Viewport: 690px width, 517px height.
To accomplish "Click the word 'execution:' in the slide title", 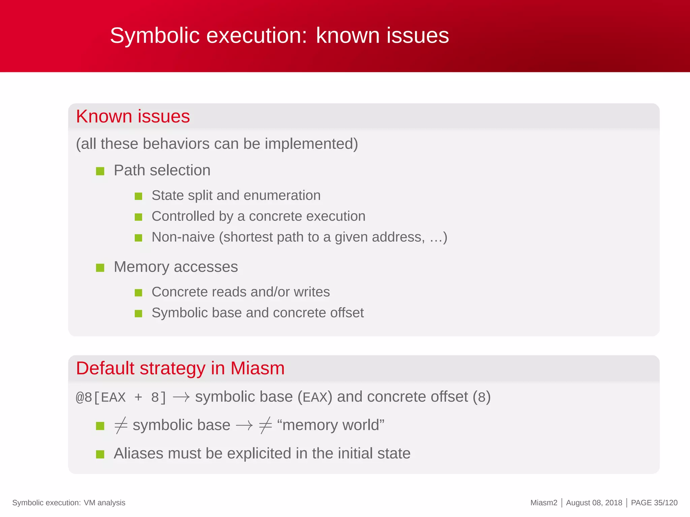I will (x=257, y=35).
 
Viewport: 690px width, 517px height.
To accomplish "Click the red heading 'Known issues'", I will (x=133, y=116).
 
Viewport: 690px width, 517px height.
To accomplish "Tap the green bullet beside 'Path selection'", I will (x=100, y=171).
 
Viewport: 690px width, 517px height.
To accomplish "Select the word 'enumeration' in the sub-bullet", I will (x=282, y=196).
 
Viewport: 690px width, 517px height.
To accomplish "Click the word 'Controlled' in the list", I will (x=183, y=216).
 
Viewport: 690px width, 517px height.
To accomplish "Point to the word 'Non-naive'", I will (x=183, y=237).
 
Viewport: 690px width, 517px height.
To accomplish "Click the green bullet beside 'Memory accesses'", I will (x=100, y=268).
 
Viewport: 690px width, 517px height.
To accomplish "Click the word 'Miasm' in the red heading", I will (x=257, y=368).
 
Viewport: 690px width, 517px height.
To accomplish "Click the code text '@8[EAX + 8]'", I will (x=121, y=398).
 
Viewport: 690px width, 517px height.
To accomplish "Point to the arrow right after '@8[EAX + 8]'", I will (x=181, y=398).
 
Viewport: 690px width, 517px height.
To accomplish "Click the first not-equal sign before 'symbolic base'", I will (x=121, y=425).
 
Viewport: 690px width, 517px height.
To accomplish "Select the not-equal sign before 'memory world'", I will (x=265, y=425).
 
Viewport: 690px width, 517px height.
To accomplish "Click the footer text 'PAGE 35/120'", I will (x=654, y=503).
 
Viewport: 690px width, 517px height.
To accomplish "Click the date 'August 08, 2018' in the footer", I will (x=594, y=503).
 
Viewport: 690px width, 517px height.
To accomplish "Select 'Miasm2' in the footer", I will (x=544, y=503).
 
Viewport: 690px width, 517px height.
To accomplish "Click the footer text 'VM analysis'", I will (x=104, y=503).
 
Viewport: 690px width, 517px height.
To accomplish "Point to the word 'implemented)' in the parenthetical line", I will (x=311, y=144).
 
